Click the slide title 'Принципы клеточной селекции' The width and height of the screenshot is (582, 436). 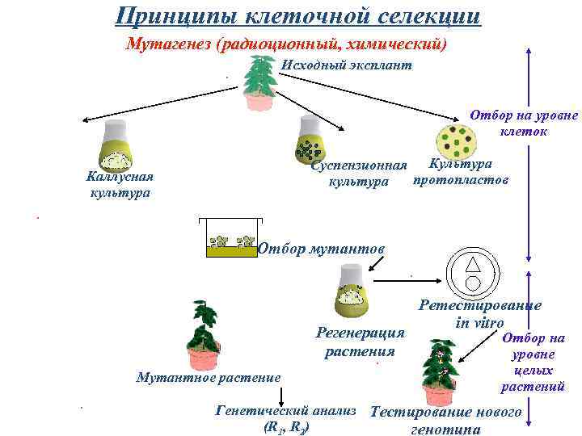click(297, 15)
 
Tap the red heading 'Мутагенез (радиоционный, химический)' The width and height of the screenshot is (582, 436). click(287, 44)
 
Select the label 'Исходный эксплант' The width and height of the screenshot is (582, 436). click(346, 65)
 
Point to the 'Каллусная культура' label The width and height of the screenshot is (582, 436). click(120, 185)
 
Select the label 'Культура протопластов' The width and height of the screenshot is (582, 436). click(461, 172)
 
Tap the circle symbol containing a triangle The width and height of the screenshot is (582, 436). click(473, 272)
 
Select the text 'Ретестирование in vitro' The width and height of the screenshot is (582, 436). click(480, 314)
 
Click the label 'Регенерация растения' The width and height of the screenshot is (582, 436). click(360, 342)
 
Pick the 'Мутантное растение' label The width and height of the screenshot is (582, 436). click(209, 377)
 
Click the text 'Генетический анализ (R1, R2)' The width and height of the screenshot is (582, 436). click(286, 419)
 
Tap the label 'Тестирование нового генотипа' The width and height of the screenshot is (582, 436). click(446, 420)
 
